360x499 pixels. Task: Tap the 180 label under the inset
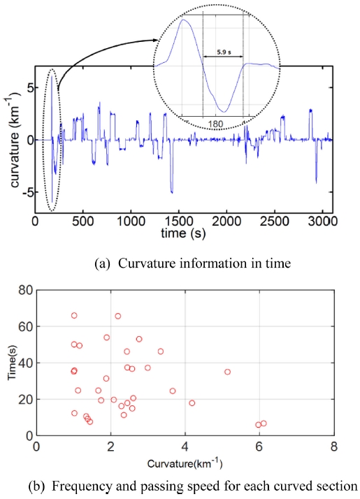click(x=217, y=124)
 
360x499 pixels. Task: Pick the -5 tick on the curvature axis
click(x=26, y=192)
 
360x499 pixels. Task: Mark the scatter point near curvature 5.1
click(x=227, y=372)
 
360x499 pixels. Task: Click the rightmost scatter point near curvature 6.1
click(x=264, y=423)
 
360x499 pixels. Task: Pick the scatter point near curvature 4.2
click(x=192, y=403)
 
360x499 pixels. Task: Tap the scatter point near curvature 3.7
click(x=173, y=391)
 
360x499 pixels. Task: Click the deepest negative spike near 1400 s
click(x=172, y=191)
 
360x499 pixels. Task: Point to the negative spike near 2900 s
click(x=316, y=182)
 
